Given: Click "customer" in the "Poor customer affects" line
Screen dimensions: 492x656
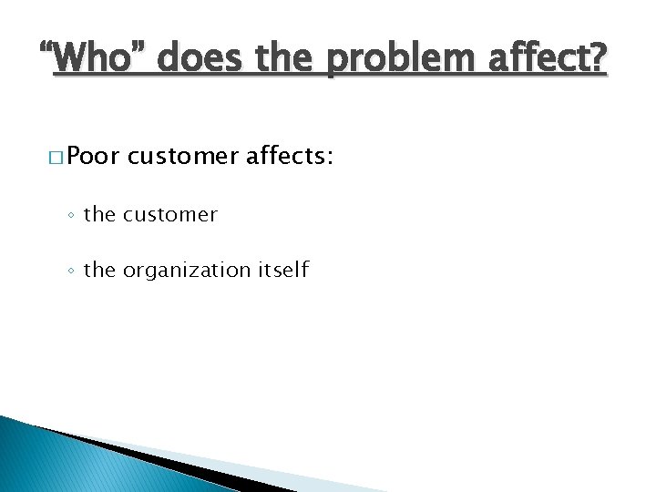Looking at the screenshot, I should point(184,158).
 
